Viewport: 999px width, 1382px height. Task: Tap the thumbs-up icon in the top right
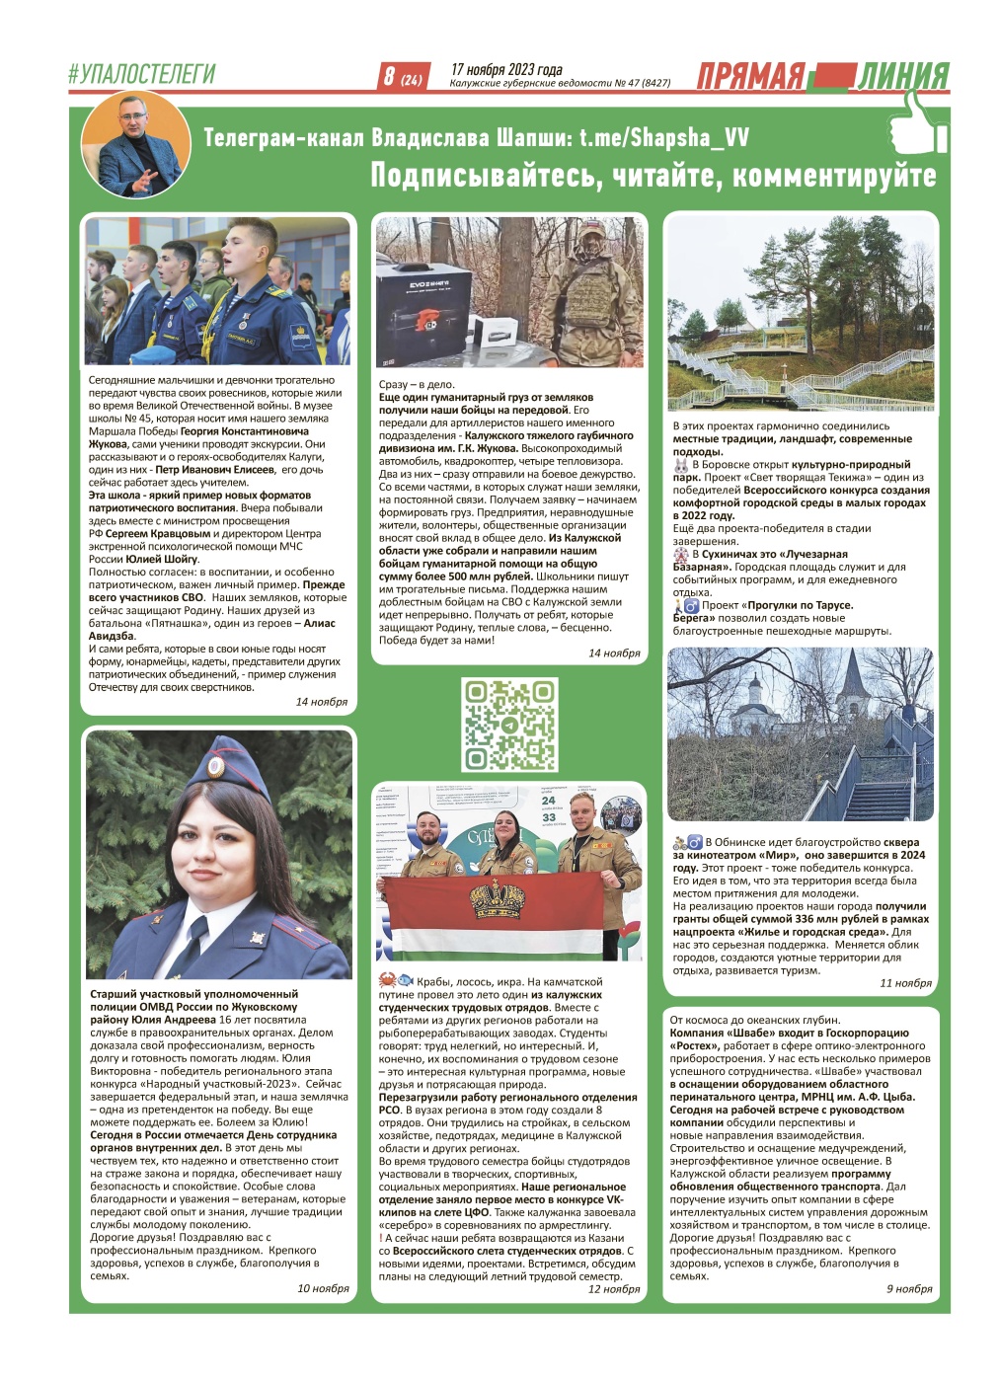(916, 123)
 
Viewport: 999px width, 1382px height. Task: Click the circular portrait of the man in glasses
(135, 146)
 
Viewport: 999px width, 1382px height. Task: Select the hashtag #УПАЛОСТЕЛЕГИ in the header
(141, 74)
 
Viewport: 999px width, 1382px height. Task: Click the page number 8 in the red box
(390, 76)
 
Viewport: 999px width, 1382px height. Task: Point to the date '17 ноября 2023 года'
(506, 69)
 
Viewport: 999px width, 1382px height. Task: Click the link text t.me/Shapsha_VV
(663, 137)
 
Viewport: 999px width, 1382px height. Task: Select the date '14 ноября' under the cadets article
(322, 702)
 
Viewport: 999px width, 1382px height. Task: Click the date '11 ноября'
(905, 983)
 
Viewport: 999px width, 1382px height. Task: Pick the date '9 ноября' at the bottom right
(908, 1288)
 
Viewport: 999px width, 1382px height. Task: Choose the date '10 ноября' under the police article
(323, 1288)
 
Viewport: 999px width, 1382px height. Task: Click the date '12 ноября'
(614, 1288)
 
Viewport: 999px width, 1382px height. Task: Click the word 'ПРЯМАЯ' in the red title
(751, 77)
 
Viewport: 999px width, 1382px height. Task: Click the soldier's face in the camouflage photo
(591, 242)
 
